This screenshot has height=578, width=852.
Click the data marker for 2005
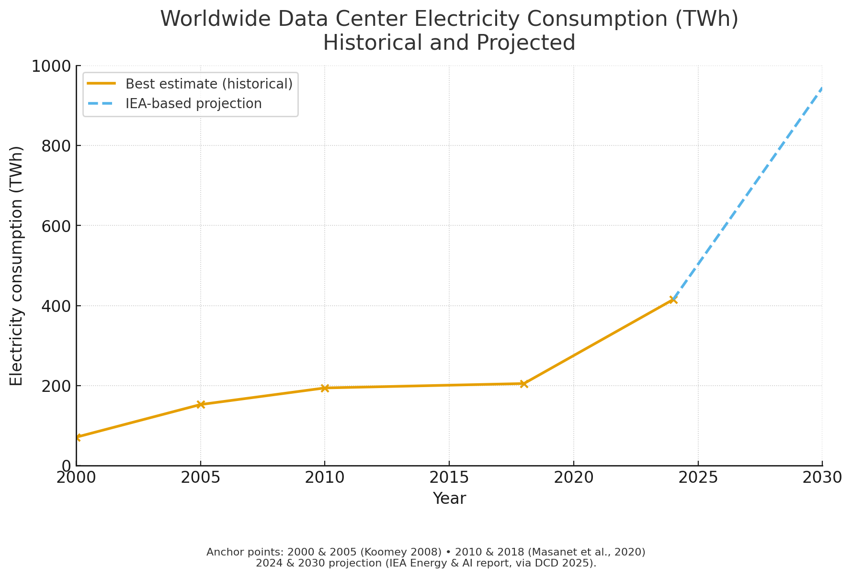tap(201, 405)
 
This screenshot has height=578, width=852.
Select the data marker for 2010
tap(325, 388)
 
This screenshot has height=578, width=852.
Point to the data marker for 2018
tap(524, 384)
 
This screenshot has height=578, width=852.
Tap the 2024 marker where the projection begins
tap(673, 300)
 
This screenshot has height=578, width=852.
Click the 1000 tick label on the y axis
tap(51, 66)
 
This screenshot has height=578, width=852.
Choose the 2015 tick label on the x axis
tap(449, 478)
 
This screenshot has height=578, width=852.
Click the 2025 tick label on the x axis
tap(698, 478)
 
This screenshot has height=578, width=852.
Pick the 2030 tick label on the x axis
tap(822, 478)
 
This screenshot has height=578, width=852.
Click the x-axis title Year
tap(449, 499)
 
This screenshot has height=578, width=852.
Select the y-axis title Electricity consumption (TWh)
tap(17, 266)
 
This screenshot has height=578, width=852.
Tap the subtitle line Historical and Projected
tap(449, 43)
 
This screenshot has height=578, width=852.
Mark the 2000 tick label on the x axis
tap(77, 478)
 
